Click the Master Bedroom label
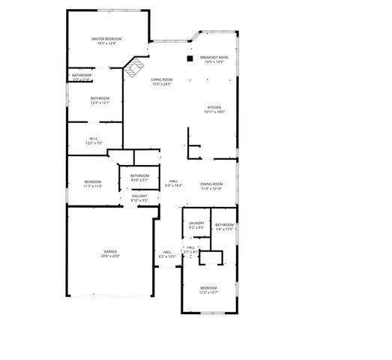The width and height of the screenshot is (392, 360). click(107, 39)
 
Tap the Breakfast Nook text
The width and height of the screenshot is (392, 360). click(214, 58)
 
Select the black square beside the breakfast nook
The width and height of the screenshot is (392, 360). click(190, 57)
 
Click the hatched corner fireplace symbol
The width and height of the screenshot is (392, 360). click(133, 68)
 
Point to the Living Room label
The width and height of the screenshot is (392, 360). click(162, 79)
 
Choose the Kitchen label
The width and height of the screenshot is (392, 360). click(214, 107)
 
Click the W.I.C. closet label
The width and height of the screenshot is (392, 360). click(94, 138)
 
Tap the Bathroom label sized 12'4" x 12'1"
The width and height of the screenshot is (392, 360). click(100, 98)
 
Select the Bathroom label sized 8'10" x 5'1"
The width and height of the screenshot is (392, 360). click(140, 176)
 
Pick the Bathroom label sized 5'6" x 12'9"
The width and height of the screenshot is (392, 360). click(224, 224)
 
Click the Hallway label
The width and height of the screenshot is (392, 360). click(139, 196)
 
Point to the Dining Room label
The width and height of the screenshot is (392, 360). click(211, 184)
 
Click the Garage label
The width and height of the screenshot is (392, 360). click(110, 251)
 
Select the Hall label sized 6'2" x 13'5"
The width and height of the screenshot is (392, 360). click(166, 252)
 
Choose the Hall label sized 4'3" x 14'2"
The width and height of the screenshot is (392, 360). click(173, 181)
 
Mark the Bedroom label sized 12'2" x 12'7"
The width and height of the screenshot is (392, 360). click(208, 288)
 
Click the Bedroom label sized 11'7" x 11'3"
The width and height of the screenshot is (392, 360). click(93, 182)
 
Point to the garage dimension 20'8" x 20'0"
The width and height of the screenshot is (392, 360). click(110, 256)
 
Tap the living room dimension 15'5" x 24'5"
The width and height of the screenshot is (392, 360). click(162, 84)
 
